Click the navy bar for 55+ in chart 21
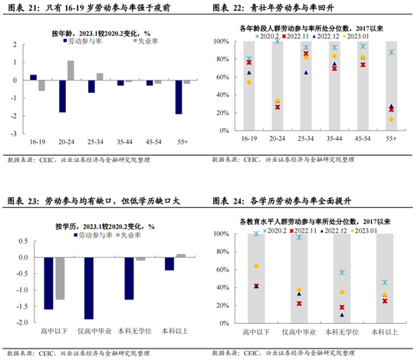pyautogui.click(x=179, y=97)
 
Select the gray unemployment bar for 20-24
pyautogui.click(x=71, y=71)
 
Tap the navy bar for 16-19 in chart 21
pyautogui.click(x=33, y=78)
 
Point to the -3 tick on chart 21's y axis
pyautogui.click(x=14, y=134)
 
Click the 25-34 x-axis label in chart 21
pyautogui.click(x=95, y=142)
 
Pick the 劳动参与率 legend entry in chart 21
pyautogui.click(x=82, y=41)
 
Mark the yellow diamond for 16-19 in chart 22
pyautogui.click(x=249, y=82)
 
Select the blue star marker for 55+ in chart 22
pyautogui.click(x=391, y=52)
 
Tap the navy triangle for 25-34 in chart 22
pyautogui.click(x=306, y=73)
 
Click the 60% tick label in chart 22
pyautogui.click(x=222, y=77)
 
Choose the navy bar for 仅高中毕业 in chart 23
pyautogui.click(x=89, y=288)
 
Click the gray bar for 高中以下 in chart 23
pyautogui.click(x=60, y=279)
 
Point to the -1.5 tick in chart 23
pyautogui.click(x=22, y=306)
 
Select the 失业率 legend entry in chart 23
pyautogui.click(x=129, y=235)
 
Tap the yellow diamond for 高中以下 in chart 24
pyautogui.click(x=256, y=266)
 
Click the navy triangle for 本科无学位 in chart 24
pyautogui.click(x=342, y=315)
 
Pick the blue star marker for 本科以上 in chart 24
pyautogui.click(x=385, y=282)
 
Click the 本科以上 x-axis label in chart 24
pyautogui.click(x=385, y=332)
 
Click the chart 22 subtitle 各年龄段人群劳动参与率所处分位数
pyautogui.click(x=296, y=28)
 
